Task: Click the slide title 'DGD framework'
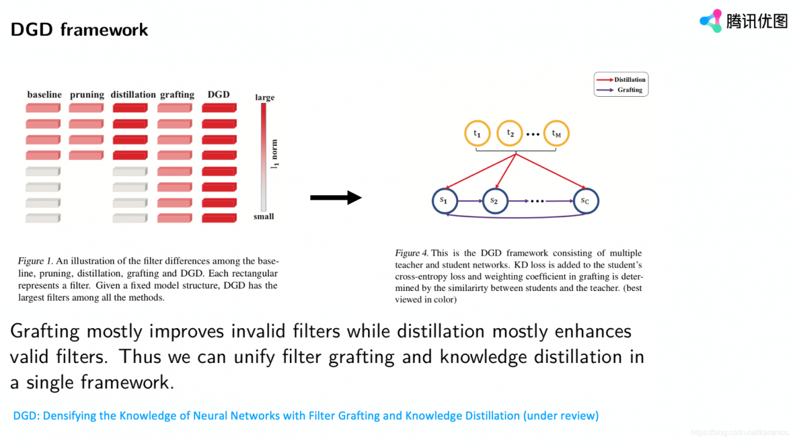click(79, 29)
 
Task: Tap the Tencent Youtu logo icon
click(711, 21)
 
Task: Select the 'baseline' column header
click(45, 95)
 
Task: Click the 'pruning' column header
click(87, 95)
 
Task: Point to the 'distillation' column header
click(133, 95)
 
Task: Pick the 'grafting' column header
click(177, 95)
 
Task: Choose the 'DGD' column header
click(219, 94)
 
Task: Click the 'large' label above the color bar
click(265, 97)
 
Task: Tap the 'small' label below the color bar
click(264, 216)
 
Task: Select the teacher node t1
click(477, 133)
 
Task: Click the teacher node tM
click(556, 133)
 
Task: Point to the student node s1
click(444, 200)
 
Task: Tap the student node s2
click(494, 200)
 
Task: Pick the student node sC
click(585, 200)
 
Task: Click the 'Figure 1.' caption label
click(35, 261)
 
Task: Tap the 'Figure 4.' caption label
click(411, 253)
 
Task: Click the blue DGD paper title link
click(306, 416)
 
